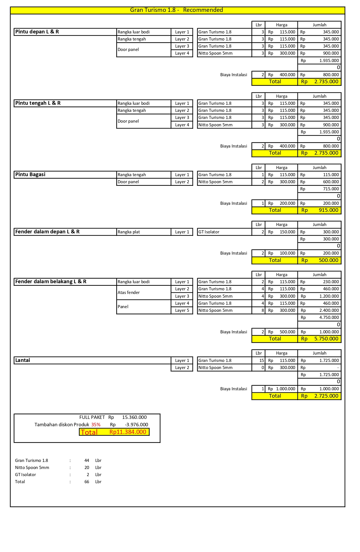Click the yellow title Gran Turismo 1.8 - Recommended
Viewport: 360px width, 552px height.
pos(176,10)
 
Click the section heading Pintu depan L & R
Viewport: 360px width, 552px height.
pos(37,32)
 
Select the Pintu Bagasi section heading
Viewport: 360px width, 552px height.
pos(30,174)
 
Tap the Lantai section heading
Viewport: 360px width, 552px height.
pos(23,360)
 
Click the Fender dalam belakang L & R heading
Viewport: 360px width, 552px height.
pos(51,282)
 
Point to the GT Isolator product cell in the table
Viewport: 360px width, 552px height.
pos(209,232)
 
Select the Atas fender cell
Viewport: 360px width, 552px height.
pos(129,293)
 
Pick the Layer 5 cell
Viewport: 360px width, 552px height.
pos(182,310)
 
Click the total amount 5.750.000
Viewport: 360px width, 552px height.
pos(326,339)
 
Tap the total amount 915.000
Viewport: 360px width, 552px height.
pos(328,210)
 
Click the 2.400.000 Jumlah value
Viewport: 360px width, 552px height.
pos(329,310)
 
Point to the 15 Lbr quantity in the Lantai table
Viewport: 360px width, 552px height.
pos(262,361)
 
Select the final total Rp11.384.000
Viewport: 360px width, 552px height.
pos(128,432)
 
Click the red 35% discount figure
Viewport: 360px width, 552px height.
pos(96,425)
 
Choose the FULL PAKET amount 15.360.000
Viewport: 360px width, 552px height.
pos(134,417)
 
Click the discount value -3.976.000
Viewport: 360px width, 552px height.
pos(136,425)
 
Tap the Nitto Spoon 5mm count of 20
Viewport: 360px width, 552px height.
pos(87,468)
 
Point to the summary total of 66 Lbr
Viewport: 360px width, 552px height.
pos(87,482)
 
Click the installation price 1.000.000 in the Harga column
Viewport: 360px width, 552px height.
pos(285,389)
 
